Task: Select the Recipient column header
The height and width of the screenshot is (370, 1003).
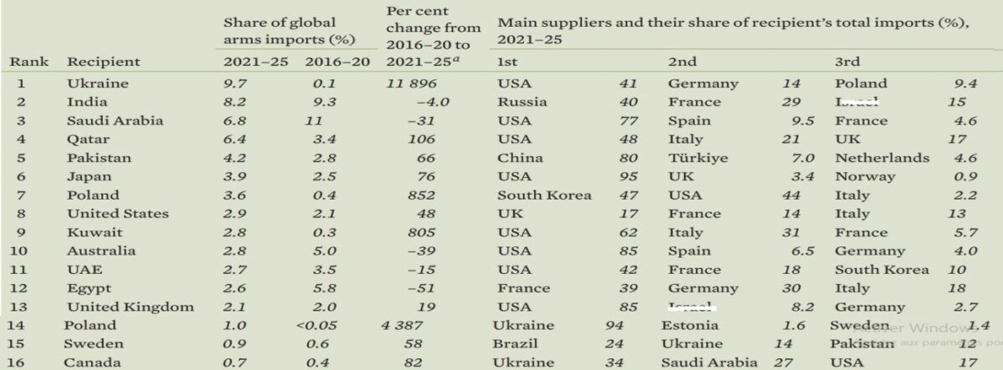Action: click(x=104, y=62)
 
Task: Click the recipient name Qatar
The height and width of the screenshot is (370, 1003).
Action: click(x=87, y=139)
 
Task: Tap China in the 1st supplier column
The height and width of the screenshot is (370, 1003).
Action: click(x=520, y=158)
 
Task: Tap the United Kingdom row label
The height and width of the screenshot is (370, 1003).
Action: click(x=130, y=307)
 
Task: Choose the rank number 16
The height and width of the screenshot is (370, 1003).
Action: click(x=23, y=362)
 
